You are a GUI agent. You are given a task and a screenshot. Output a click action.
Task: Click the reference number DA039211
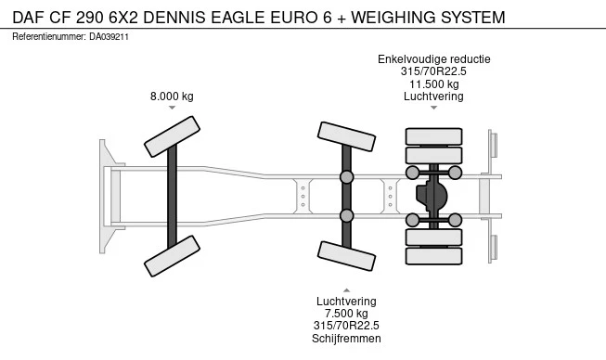[x=109, y=37]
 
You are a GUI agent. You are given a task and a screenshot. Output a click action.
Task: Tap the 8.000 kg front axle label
[x=172, y=96]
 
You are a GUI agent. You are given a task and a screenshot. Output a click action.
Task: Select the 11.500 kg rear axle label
[x=434, y=84]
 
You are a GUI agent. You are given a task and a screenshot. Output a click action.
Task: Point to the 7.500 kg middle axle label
[x=346, y=314]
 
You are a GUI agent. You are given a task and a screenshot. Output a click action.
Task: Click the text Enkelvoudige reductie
[x=434, y=59]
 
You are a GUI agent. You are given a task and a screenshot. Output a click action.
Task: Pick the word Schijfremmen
[x=346, y=339]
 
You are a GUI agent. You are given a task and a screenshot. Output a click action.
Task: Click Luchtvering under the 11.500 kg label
[x=433, y=96]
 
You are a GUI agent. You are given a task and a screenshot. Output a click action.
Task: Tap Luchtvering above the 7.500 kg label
[x=346, y=302]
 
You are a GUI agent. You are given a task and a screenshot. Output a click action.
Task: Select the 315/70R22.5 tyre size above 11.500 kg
[x=433, y=71]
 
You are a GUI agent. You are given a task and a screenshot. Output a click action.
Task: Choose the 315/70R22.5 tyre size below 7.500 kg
[x=346, y=326]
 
